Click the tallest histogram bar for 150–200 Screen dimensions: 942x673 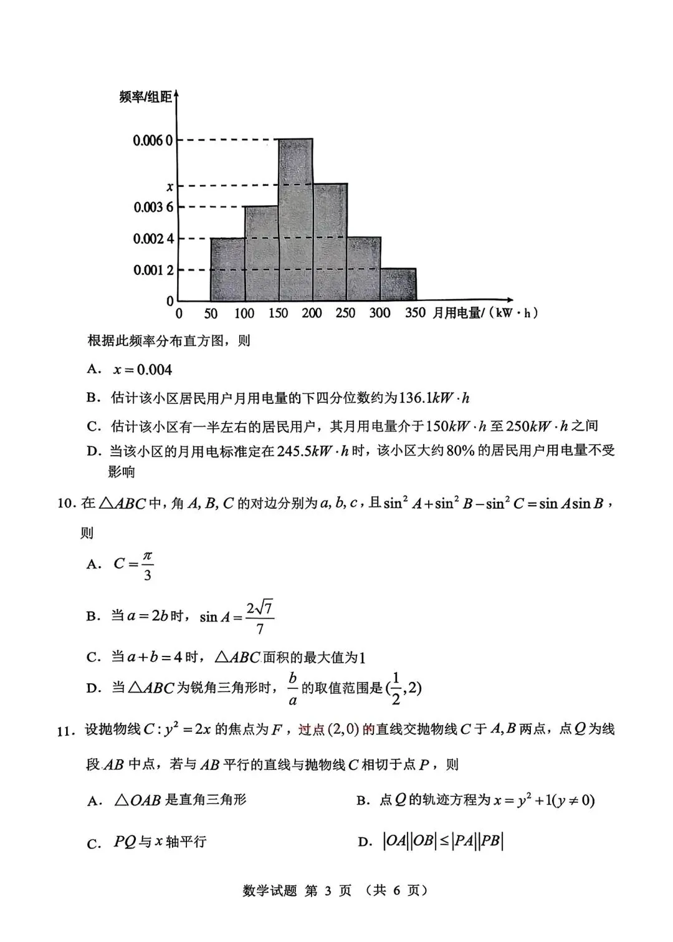point(295,219)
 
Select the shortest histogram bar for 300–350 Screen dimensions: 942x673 point(398,285)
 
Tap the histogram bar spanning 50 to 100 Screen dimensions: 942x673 point(227,269)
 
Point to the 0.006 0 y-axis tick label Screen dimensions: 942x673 point(152,140)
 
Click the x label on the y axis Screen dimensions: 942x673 point(169,186)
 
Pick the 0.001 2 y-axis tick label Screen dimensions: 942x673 point(153,270)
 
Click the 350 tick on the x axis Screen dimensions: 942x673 point(415,313)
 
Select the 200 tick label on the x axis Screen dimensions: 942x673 point(312,313)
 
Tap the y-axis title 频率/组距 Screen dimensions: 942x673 point(145,97)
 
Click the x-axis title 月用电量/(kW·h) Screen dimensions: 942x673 point(485,313)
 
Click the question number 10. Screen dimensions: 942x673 point(65,504)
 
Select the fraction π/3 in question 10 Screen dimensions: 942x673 point(147,565)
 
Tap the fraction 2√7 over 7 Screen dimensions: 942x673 point(260,617)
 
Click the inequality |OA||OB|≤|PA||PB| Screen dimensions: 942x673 point(442,841)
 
